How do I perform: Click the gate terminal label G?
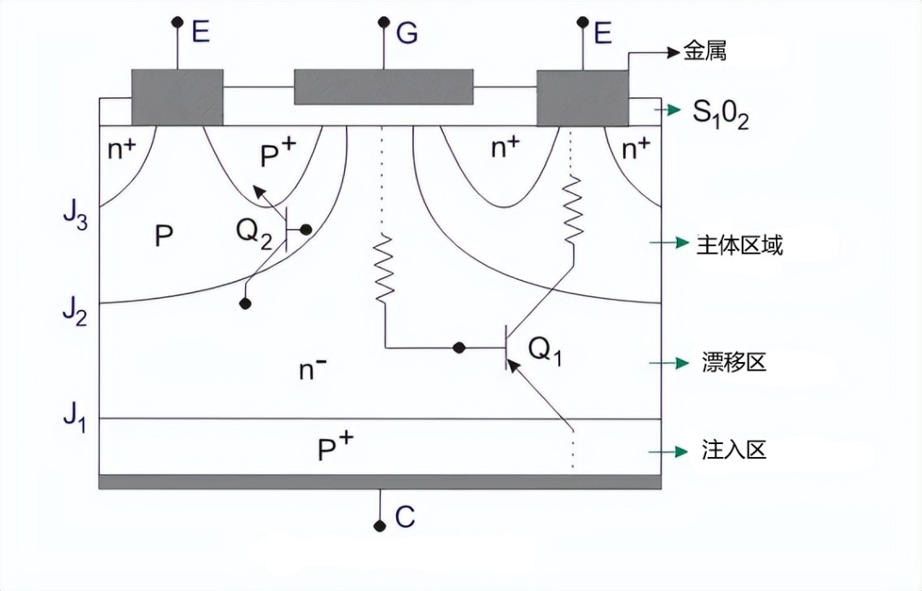(407, 33)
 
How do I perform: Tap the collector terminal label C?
(405, 517)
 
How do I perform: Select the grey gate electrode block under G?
(383, 86)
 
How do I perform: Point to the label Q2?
(254, 231)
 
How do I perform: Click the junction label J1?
(74, 418)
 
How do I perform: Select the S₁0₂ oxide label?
(721, 114)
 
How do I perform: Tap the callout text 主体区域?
(739, 246)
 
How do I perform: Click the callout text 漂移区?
(733, 362)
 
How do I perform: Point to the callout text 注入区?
(733, 449)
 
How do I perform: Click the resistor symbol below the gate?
(384, 268)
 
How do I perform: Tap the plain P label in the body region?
(165, 237)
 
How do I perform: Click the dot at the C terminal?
(380, 525)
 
